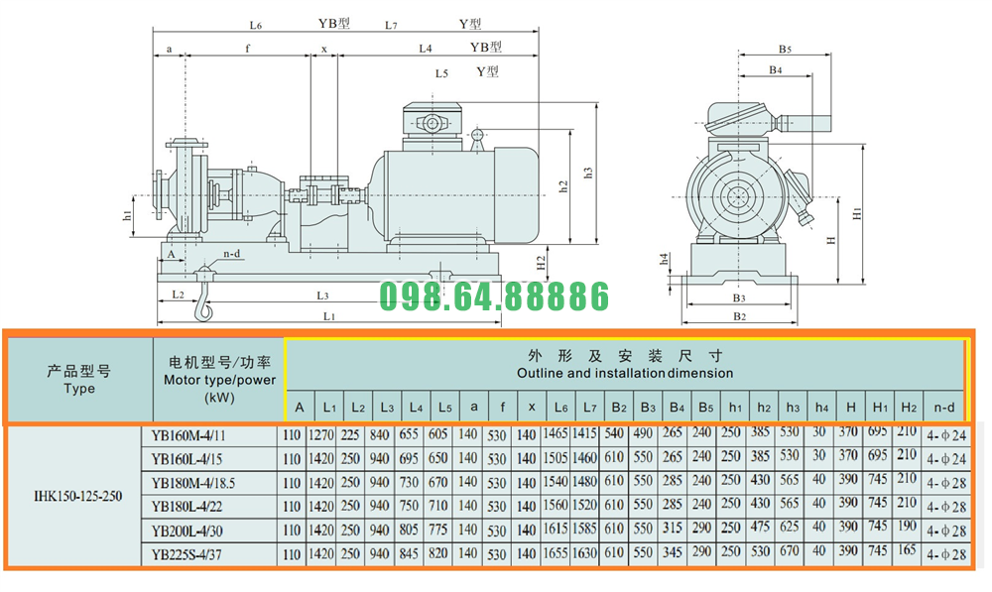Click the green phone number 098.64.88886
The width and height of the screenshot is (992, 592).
point(495,296)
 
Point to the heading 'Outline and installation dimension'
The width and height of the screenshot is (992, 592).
point(625,374)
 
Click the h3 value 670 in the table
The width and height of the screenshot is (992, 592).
point(791,553)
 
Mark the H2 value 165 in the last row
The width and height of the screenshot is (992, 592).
point(908,553)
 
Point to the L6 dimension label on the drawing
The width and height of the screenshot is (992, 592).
point(256,24)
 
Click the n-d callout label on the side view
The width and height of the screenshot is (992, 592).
point(232,253)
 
